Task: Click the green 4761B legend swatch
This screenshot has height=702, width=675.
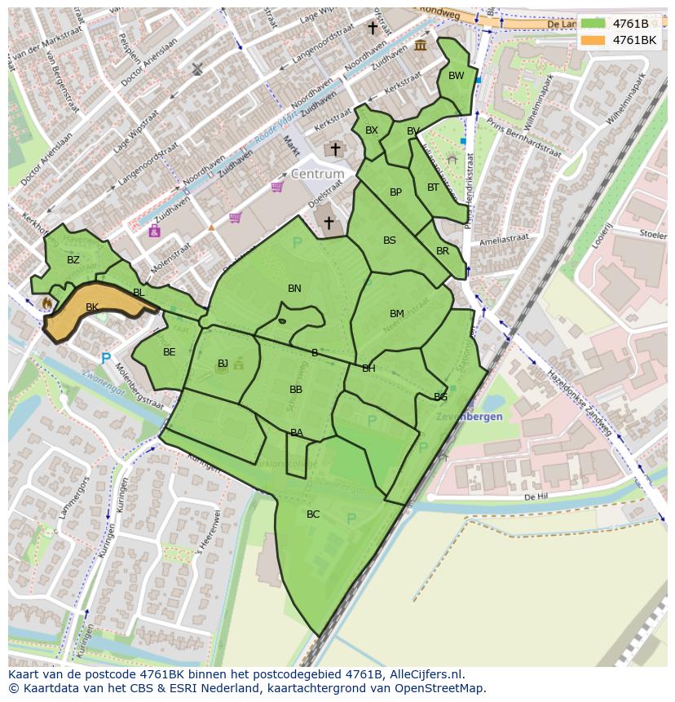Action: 593,24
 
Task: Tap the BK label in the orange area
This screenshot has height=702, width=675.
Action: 92,307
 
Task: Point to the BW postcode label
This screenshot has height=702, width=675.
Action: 456,76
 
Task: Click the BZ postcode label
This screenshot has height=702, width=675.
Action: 73,260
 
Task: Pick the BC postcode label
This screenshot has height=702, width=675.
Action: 313,514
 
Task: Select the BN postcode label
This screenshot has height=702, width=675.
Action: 294,289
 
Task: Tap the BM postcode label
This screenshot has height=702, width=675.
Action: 396,314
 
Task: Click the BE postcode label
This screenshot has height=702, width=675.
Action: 169,352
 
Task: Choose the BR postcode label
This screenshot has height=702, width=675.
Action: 442,251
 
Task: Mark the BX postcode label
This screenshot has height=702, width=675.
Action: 371,130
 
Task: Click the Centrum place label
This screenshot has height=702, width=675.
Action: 317,174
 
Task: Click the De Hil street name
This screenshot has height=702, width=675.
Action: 534,496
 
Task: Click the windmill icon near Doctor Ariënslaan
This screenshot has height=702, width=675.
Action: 196,69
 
